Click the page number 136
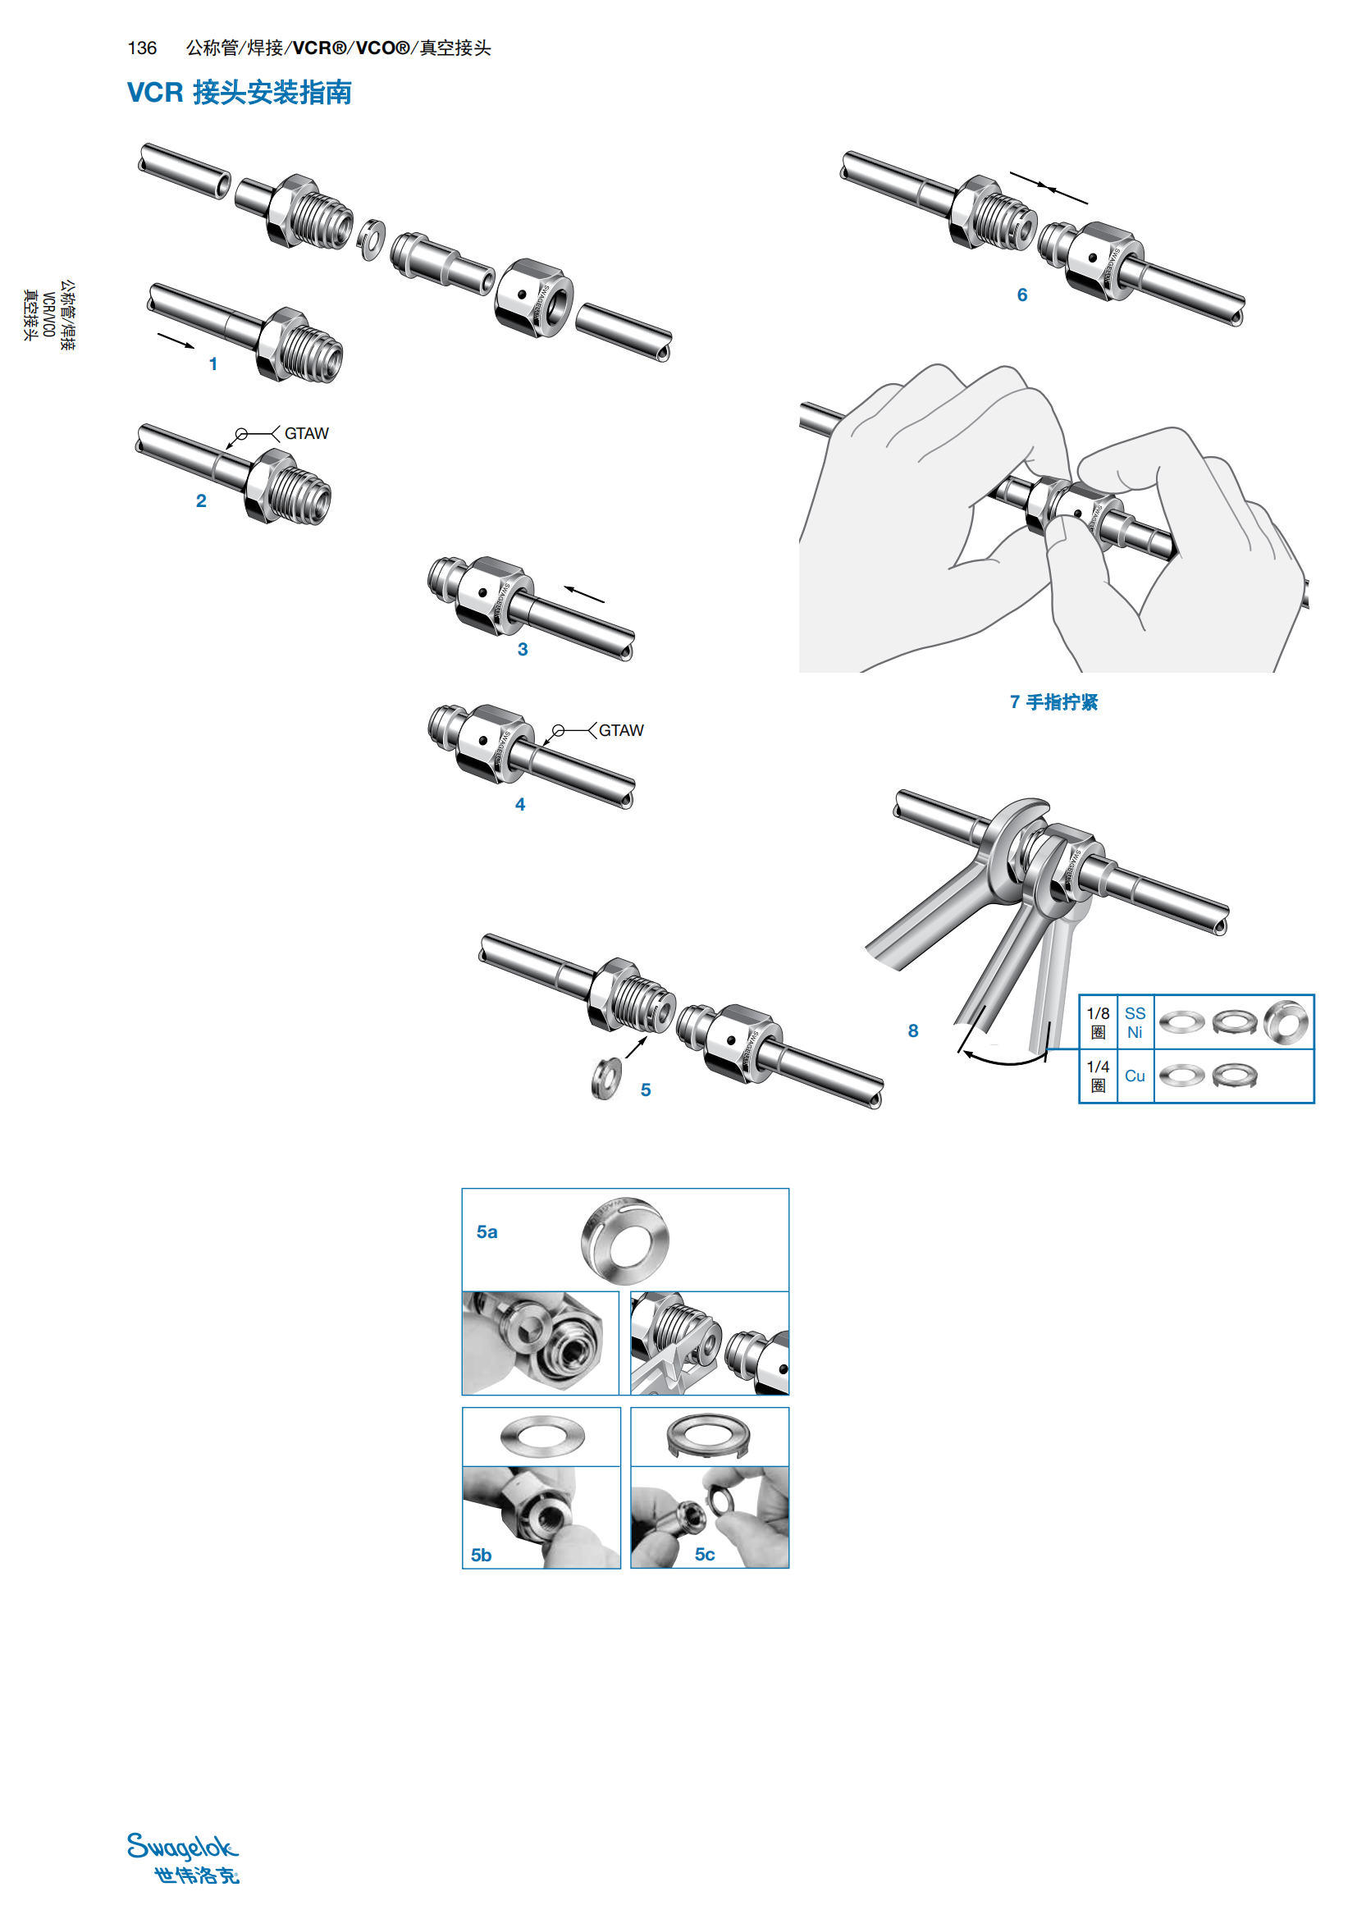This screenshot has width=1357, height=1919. point(142,48)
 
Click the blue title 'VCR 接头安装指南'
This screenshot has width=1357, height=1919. point(239,92)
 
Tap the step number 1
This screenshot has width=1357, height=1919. point(213,364)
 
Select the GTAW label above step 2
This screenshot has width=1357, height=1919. point(306,434)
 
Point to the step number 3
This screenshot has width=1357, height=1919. point(523,650)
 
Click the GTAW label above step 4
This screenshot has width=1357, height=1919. point(621,730)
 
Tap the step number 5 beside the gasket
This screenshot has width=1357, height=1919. point(645,1090)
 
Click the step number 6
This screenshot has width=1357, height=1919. point(1021,295)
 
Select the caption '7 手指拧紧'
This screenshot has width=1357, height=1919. point(1053,702)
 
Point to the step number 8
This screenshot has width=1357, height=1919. point(912,1031)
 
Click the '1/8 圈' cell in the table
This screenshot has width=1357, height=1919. point(1098,1022)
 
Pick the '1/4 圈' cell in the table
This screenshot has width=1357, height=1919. point(1098,1076)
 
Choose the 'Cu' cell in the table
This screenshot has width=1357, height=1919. point(1134,1076)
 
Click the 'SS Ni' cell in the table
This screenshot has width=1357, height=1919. point(1134,1022)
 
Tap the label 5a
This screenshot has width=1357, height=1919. point(487,1232)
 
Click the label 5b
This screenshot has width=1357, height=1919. point(481,1556)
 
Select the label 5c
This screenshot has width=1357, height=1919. point(705,1555)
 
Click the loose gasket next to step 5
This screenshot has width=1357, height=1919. point(605,1078)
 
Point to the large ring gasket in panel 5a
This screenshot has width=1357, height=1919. point(625,1240)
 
